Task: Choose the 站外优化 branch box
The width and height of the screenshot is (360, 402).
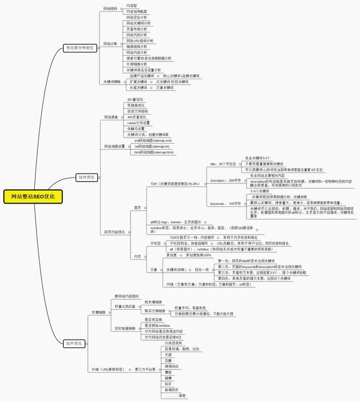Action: pos(74,342)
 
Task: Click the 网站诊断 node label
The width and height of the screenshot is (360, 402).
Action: pos(110,43)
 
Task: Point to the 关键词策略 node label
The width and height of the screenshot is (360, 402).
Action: pos(112,82)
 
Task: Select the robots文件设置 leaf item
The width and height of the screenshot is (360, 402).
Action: pos(139,123)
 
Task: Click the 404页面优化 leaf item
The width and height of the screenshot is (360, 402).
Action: pos(137,117)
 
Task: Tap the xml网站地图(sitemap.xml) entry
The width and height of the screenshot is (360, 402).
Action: pos(153,140)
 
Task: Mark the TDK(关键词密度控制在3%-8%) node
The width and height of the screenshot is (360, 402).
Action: pos(174,183)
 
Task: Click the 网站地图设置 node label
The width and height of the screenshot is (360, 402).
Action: pos(114,146)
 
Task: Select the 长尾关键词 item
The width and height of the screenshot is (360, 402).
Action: pos(138,88)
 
